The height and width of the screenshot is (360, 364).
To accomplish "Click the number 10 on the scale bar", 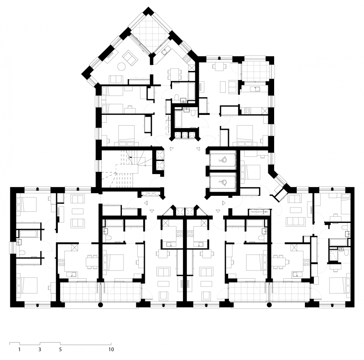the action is tap(111, 349).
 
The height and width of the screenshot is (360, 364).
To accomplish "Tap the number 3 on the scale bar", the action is tap(40, 349).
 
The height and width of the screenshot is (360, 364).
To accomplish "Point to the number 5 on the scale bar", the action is tap(60, 349).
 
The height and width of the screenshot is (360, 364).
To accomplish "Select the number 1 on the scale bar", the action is tap(20, 349).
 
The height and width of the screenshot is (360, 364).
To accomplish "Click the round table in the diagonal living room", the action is tap(121, 66).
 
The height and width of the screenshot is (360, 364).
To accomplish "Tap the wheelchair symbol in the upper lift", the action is tap(224, 159).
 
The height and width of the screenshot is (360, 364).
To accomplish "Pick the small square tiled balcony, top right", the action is tap(255, 69).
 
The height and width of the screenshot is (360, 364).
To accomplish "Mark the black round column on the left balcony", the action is tap(100, 305).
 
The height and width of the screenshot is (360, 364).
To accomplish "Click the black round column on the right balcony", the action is tap(269, 305).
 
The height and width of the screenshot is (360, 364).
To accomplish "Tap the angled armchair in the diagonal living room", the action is tap(130, 57).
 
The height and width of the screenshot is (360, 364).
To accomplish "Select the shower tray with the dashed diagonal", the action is tap(334, 255).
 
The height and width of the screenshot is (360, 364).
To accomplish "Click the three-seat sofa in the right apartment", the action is tap(296, 222).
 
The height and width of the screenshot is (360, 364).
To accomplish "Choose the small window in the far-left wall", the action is tap(11, 248).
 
